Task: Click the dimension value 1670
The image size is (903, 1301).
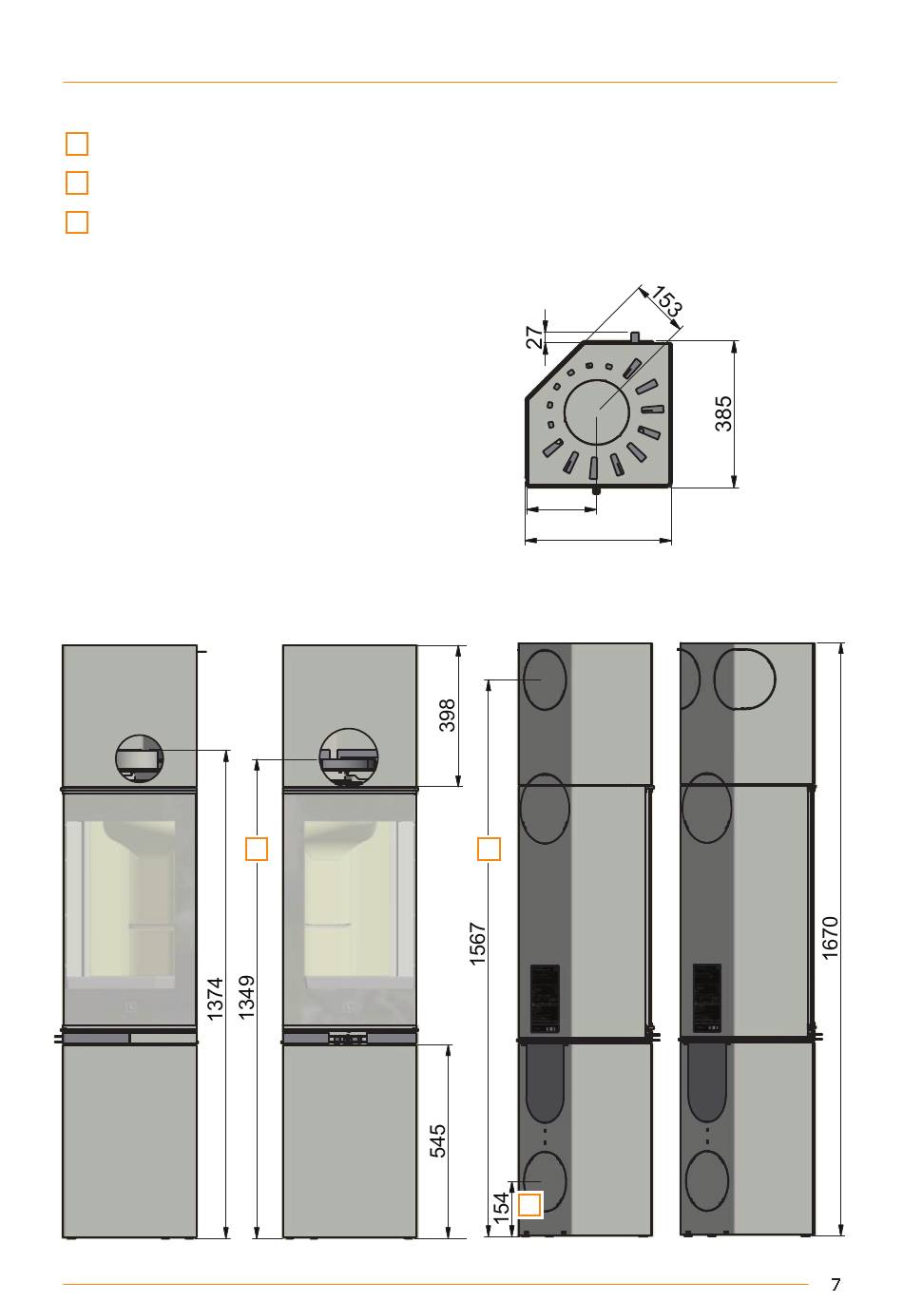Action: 831,937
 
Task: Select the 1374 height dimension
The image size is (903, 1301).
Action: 215,999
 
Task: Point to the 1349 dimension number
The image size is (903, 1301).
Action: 246,997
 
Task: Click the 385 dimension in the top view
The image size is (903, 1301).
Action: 722,413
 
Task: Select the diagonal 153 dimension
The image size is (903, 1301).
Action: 666,299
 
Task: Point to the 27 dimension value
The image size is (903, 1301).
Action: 535,336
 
